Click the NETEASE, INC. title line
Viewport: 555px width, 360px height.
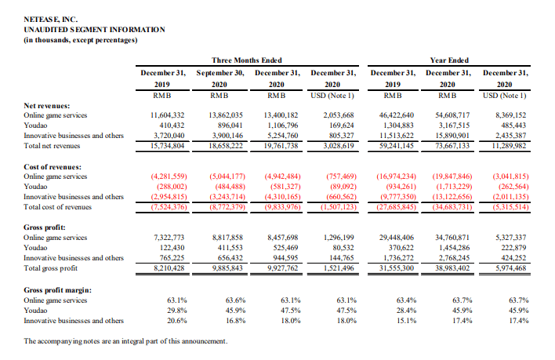pyautogui.click(x=51, y=20)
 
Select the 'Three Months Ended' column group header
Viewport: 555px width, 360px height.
pyautogui.click(x=247, y=60)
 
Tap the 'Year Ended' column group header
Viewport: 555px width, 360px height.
pyautogui.click(x=449, y=60)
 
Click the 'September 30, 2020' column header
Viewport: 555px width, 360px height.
pyautogui.click(x=220, y=78)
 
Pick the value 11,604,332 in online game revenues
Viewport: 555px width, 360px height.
pyautogui.click(x=168, y=115)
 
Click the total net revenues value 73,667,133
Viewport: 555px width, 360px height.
pyautogui.click(x=452, y=145)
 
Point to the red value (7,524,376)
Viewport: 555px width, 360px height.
pyautogui.click(x=169, y=207)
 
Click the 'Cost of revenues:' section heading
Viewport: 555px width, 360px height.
pyautogui.click(x=53, y=167)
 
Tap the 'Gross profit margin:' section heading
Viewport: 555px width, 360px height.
pyautogui.click(x=58, y=290)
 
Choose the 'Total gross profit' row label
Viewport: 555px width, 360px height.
pyautogui.click(x=51, y=268)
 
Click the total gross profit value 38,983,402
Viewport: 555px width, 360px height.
pyautogui.click(x=452, y=268)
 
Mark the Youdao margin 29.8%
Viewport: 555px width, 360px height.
pyautogui.click(x=177, y=311)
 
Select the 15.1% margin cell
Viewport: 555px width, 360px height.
pyautogui.click(x=406, y=321)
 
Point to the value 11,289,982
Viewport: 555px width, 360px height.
pyautogui.click(x=510, y=145)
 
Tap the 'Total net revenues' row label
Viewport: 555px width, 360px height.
pyautogui.click(x=52, y=145)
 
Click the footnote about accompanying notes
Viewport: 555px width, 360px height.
pyautogui.click(x=125, y=341)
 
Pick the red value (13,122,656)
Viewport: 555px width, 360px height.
pyautogui.click(x=452, y=196)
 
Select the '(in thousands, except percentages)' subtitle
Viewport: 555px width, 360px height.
pyautogui.click(x=81, y=40)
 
